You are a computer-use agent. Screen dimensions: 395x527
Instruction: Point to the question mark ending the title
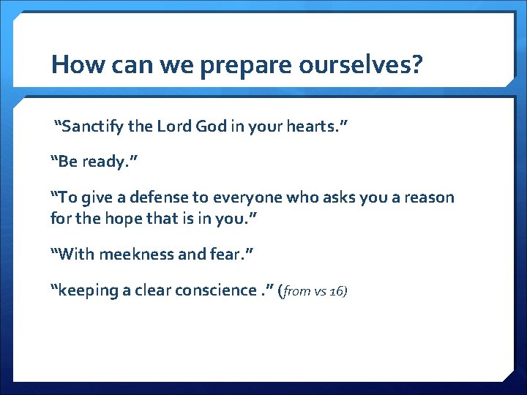416,65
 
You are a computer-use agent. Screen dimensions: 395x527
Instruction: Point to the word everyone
234,197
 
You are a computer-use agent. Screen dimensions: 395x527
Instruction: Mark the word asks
337,197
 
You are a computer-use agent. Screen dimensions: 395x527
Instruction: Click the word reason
427,197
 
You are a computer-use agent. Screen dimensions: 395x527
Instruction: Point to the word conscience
217,290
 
